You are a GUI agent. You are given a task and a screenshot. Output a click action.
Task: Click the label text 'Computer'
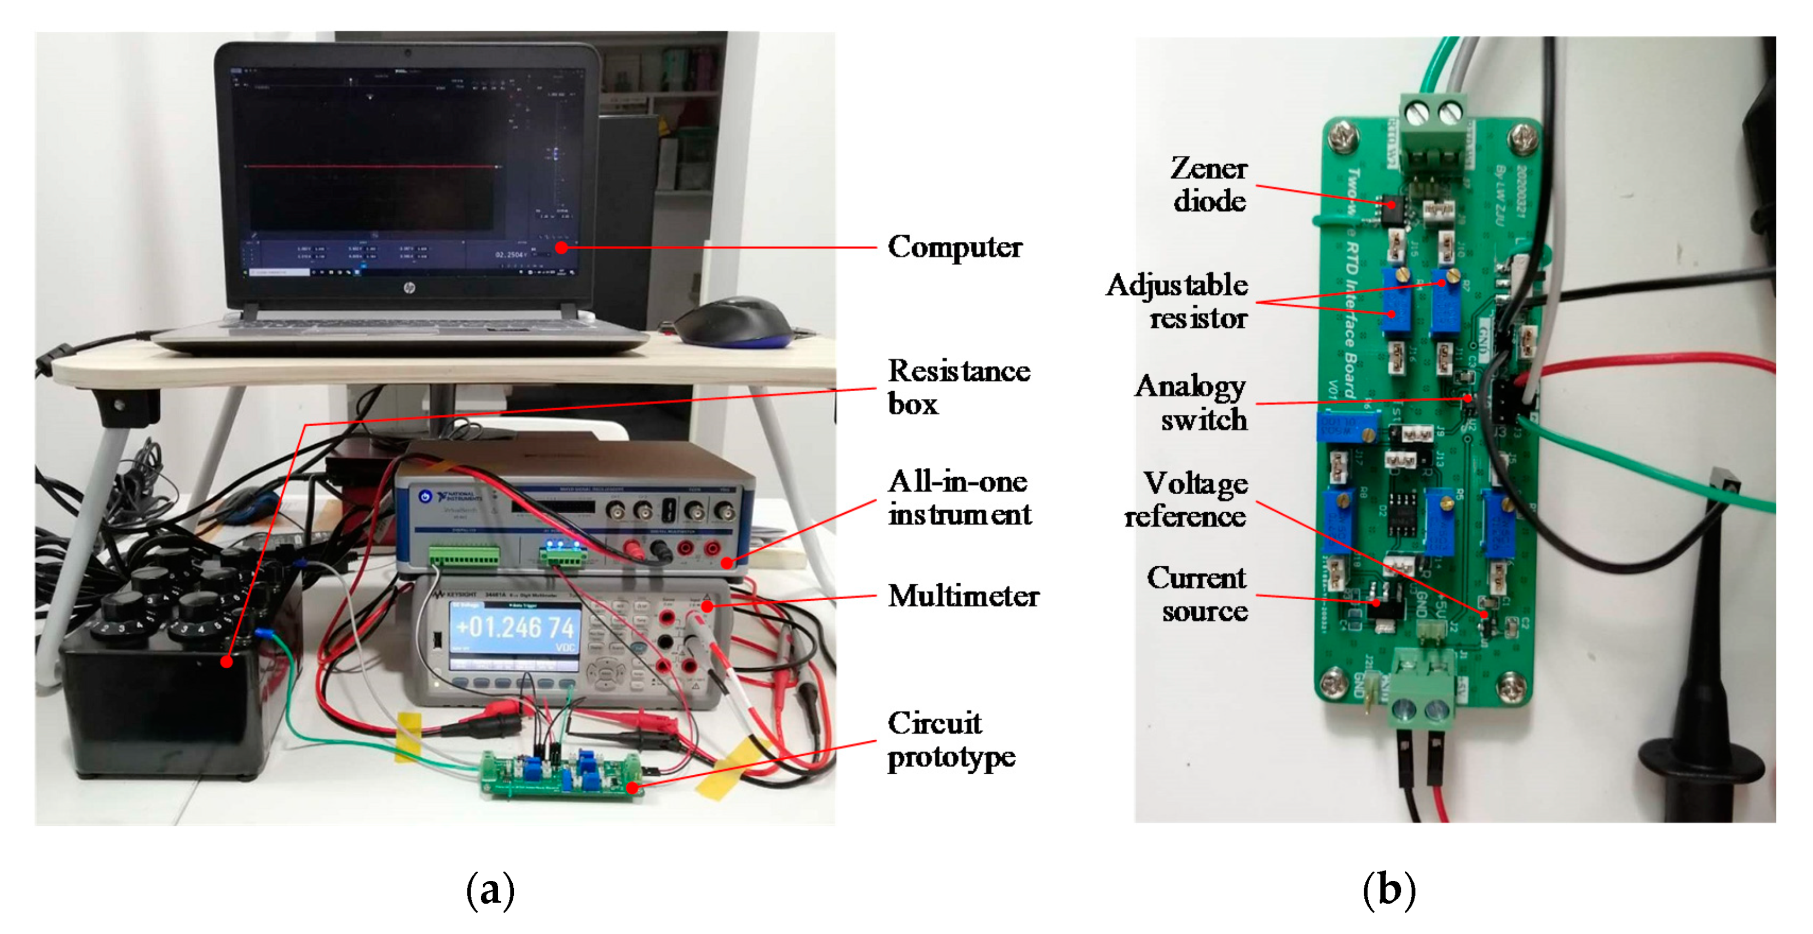(x=954, y=247)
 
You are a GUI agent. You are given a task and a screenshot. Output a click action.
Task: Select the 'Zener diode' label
(x=1209, y=184)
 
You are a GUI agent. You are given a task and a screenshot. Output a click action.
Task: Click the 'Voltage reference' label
(x=1186, y=500)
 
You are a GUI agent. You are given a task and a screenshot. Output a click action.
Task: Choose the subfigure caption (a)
(x=490, y=890)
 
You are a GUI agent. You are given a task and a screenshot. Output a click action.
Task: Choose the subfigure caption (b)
(x=1388, y=890)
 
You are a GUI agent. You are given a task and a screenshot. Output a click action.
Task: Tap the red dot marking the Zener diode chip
(x=1392, y=205)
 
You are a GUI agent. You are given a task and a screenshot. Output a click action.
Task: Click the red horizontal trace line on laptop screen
(x=373, y=167)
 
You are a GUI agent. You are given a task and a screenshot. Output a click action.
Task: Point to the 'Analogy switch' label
(x=1191, y=403)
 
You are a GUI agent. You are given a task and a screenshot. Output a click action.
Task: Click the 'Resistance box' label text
(x=957, y=387)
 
